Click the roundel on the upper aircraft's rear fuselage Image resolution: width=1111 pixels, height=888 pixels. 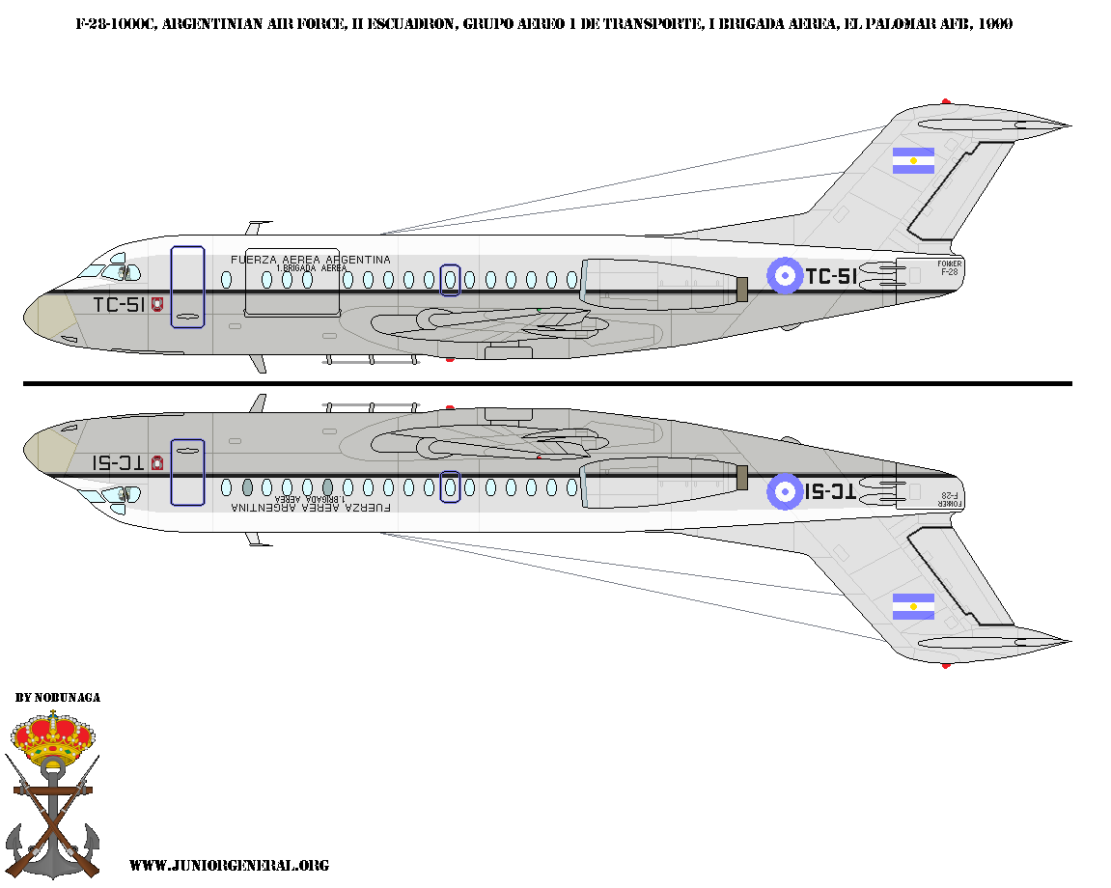(x=786, y=276)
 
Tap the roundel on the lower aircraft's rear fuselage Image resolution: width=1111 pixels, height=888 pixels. (x=786, y=491)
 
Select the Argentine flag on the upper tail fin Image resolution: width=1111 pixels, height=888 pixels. (x=913, y=161)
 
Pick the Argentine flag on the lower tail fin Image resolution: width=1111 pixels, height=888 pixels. (x=913, y=606)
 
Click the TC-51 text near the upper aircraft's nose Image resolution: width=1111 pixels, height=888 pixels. (x=119, y=305)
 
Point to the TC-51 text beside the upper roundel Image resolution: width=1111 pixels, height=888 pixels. (x=831, y=277)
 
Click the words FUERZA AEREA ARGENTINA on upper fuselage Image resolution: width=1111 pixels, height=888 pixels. (x=311, y=260)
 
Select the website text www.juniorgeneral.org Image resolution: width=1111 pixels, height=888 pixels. (x=229, y=866)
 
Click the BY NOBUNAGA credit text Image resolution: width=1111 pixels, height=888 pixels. (x=58, y=697)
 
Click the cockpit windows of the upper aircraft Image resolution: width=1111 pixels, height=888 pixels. (x=104, y=267)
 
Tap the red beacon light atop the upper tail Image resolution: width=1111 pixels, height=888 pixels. (x=946, y=101)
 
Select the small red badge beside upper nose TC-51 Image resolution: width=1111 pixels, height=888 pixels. (x=157, y=304)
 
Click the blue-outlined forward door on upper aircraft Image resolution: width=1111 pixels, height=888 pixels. (x=187, y=287)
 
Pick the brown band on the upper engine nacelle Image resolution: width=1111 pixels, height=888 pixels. (x=741, y=289)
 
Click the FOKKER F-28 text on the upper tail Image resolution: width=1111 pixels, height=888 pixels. (x=950, y=267)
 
